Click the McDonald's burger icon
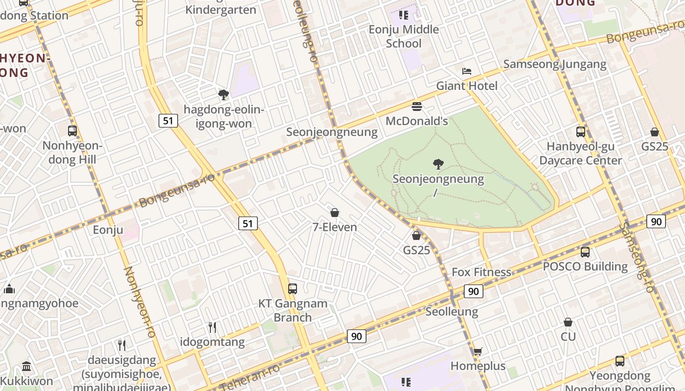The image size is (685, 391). [x=417, y=107]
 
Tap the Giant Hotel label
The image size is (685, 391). [x=466, y=86]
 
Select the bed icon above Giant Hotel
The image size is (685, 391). [x=467, y=71]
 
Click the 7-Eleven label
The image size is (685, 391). [x=335, y=227]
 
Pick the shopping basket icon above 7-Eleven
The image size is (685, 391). [x=335, y=213]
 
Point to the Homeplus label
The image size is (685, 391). [x=478, y=366]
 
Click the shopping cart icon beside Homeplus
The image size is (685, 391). [x=478, y=351]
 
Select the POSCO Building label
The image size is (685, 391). [x=585, y=267]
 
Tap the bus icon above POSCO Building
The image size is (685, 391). [x=585, y=252]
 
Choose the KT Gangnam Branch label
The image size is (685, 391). [x=293, y=310]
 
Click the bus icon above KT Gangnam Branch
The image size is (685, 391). [x=293, y=288]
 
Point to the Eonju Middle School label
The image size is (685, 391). [x=404, y=36]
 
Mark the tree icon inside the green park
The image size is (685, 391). [x=438, y=164]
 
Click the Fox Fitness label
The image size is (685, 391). [x=481, y=272]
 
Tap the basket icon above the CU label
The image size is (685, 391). [x=568, y=322]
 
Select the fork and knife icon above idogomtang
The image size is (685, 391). [x=212, y=327]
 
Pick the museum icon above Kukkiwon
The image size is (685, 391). [x=26, y=366]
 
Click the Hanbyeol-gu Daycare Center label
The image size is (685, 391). [x=580, y=153]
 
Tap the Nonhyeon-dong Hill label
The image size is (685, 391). [x=72, y=152]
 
